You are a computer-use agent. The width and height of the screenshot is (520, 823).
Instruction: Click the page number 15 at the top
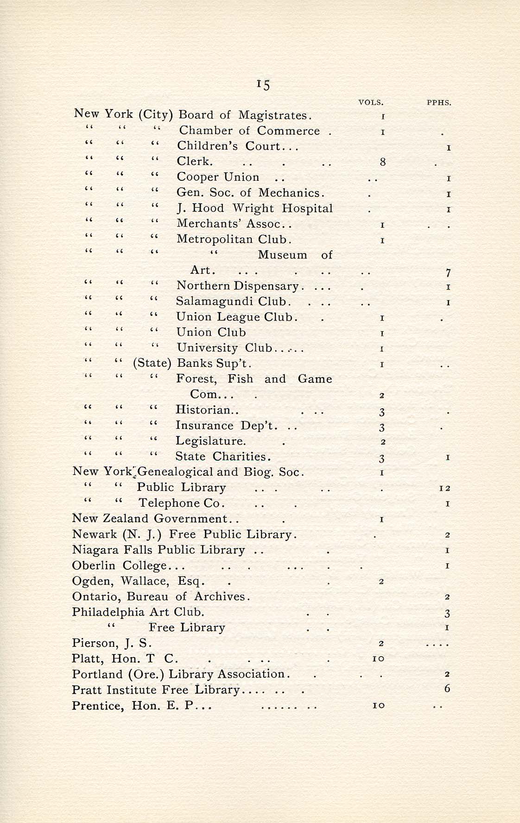click(263, 84)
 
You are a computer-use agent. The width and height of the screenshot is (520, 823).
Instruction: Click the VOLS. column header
click(371, 103)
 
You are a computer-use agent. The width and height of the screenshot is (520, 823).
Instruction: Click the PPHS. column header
click(438, 103)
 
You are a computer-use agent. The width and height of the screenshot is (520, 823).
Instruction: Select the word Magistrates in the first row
click(275, 115)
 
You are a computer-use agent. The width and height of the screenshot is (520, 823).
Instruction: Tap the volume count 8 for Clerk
click(382, 162)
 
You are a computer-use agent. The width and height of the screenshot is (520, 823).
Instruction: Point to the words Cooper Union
click(218, 177)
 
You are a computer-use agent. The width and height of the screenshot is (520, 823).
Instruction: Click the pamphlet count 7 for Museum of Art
click(448, 273)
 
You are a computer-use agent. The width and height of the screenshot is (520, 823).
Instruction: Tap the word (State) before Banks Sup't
click(152, 363)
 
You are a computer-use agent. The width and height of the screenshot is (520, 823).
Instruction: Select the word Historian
click(203, 410)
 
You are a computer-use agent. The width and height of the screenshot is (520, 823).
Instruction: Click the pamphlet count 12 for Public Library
click(445, 488)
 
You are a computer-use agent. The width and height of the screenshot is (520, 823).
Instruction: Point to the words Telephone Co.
click(181, 503)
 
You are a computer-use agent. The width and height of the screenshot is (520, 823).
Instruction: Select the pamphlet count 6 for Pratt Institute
click(447, 689)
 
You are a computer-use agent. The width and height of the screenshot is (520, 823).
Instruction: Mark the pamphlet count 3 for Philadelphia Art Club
click(447, 613)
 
